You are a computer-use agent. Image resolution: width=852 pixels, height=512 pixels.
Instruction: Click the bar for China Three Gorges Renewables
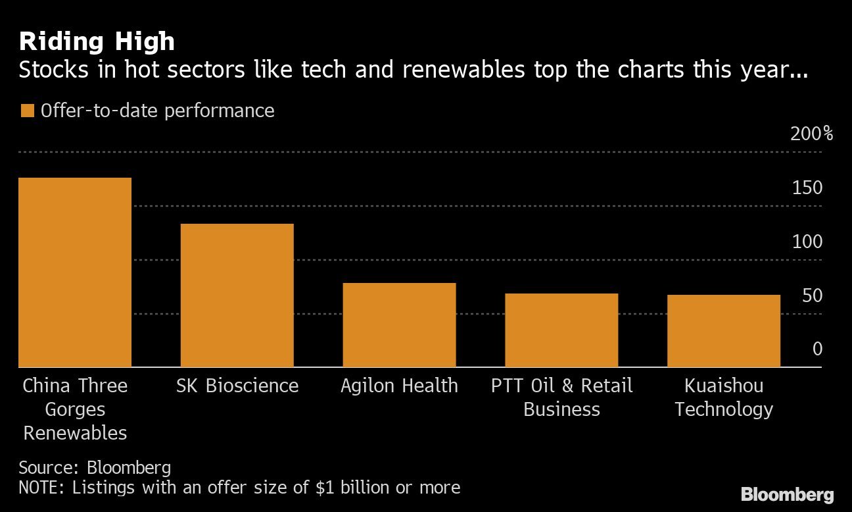(75, 272)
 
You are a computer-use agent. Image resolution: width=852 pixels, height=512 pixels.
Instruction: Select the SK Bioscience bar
(237, 295)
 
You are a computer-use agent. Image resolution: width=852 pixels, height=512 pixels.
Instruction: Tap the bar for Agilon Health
(399, 325)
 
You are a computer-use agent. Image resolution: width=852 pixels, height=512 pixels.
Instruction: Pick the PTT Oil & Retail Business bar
(561, 330)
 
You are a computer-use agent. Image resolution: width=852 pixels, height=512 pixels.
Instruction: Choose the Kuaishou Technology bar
(723, 331)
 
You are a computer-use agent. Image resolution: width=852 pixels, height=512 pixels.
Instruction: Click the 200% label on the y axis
(811, 134)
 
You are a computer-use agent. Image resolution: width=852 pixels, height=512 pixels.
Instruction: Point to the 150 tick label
(807, 188)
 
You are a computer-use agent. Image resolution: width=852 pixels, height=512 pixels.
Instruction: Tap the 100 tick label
(807, 242)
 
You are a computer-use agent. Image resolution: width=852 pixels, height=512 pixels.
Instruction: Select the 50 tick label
(811, 296)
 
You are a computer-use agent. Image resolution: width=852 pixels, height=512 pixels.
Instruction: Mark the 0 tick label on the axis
(817, 349)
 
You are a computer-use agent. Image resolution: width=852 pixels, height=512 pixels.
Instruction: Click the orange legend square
(27, 111)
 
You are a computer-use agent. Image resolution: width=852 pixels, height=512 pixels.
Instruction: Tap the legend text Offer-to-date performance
(157, 111)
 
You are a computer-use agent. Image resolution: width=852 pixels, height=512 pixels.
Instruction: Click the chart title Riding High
(97, 41)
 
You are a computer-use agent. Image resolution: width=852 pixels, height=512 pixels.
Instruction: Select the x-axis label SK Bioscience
(237, 386)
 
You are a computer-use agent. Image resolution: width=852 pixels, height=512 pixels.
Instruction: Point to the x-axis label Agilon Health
(399, 386)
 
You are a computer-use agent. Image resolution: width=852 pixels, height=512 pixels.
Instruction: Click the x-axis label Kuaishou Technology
(723, 397)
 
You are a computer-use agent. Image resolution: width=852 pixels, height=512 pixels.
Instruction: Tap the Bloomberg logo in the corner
(787, 495)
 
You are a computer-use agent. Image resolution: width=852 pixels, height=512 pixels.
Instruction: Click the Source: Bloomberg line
(95, 468)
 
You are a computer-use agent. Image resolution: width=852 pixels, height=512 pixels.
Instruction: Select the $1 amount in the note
(325, 488)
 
